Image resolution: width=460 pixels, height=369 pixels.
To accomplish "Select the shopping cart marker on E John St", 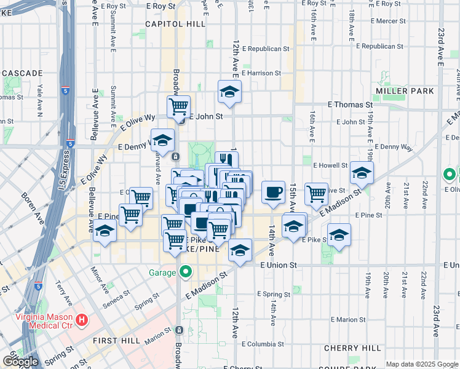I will coord(178,106).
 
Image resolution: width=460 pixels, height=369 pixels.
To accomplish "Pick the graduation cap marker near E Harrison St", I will coord(229,92).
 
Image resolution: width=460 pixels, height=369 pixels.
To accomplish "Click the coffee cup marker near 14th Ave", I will coord(273,192).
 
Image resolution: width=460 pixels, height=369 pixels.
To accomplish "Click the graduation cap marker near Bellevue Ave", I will coord(105,231).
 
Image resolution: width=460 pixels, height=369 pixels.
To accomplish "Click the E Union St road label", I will coord(278,265).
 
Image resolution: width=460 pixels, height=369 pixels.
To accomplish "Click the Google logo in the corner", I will coord(20,362).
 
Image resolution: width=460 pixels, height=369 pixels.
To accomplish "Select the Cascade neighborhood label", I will coord(21,73).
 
